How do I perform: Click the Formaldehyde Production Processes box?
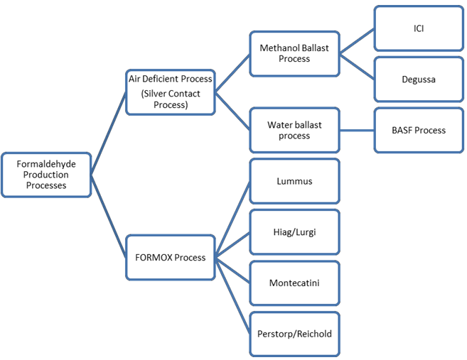pos(45,174)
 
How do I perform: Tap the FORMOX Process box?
pos(170,257)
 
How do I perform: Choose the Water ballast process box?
pos(294,130)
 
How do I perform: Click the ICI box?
pos(419,28)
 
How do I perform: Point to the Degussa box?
pos(419,79)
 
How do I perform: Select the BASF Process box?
pos(419,130)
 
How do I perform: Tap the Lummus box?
pos(294,181)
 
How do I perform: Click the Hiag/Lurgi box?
pos(294,231)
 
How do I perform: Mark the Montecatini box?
pos(294,283)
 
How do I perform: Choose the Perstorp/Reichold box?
pos(294,334)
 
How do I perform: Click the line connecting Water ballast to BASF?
pos(357,130)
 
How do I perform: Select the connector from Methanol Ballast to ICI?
pos(357,41)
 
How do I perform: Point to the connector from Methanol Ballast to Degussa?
pos(357,66)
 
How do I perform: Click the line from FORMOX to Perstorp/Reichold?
pos(232,295)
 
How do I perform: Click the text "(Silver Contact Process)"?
pos(170,99)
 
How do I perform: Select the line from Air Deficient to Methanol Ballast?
pos(232,72)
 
